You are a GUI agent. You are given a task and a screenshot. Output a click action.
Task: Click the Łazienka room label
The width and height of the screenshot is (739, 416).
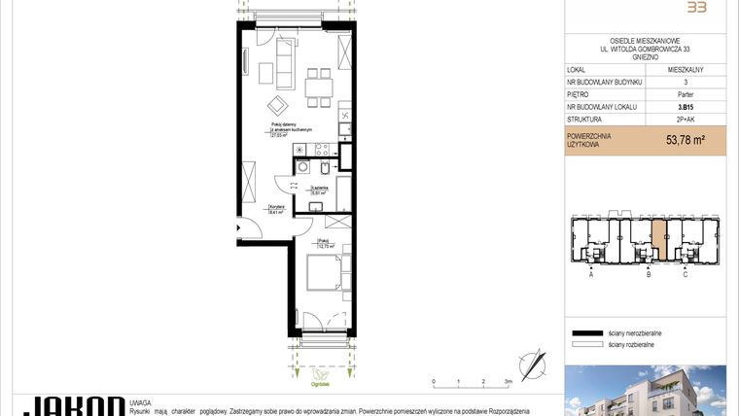(319, 191)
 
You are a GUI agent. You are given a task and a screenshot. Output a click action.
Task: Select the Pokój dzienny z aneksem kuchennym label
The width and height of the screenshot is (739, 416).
(291, 131)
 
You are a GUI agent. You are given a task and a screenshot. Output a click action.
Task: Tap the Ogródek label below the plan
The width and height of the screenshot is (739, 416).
(320, 381)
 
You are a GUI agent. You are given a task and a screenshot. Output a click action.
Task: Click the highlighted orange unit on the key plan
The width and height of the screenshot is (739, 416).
(659, 233)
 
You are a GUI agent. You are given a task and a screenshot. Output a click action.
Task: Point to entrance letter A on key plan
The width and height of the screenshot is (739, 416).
(591, 275)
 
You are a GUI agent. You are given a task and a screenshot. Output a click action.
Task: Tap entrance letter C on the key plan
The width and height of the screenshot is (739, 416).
(686, 275)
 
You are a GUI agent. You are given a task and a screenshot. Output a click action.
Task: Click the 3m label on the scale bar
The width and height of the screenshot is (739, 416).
(508, 382)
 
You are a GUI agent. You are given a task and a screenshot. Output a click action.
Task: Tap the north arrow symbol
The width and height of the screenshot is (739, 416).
(534, 364)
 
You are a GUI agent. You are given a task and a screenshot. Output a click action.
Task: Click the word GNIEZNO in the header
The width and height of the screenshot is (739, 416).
(646, 57)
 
